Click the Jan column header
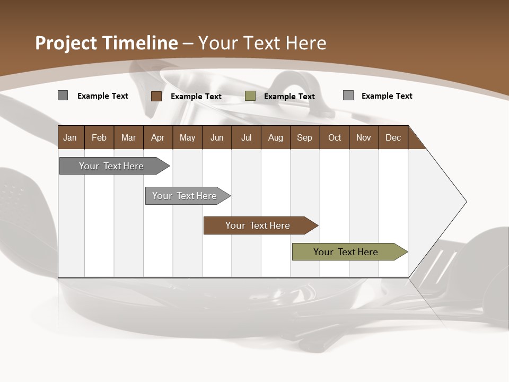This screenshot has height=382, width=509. pos(70,137)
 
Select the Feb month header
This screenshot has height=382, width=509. pos(99,137)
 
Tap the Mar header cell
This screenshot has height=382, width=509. pos(128,137)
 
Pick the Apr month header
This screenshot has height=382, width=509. pos(158,137)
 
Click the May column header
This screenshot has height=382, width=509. pos(187,137)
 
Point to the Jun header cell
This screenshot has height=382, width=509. pos(217,137)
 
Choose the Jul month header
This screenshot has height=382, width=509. pos(246,137)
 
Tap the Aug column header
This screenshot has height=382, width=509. pos(276,137)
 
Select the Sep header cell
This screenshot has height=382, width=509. pos(305,137)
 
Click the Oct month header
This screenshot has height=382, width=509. pos(335,137)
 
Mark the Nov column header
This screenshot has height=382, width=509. pos(364,137)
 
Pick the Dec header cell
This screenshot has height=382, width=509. pos(393,137)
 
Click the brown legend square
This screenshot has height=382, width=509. pos(156,96)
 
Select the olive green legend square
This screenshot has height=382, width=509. pos(250,96)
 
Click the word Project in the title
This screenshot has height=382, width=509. pos(66,43)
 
